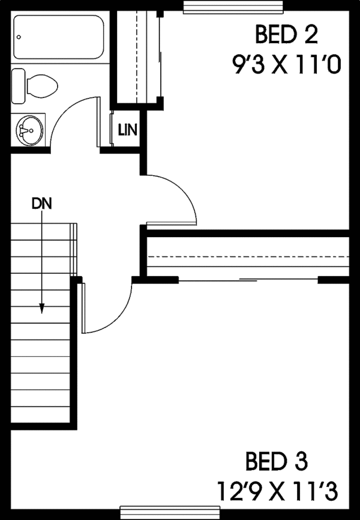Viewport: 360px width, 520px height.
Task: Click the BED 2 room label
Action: pos(286,35)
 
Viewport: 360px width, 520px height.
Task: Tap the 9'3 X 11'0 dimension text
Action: pos(286,63)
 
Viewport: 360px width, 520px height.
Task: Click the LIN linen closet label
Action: pos(127,128)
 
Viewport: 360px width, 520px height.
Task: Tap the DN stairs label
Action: pos(41,203)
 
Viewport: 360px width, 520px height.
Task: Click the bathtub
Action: pos(57,38)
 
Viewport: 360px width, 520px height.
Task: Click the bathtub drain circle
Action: pos(20,38)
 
